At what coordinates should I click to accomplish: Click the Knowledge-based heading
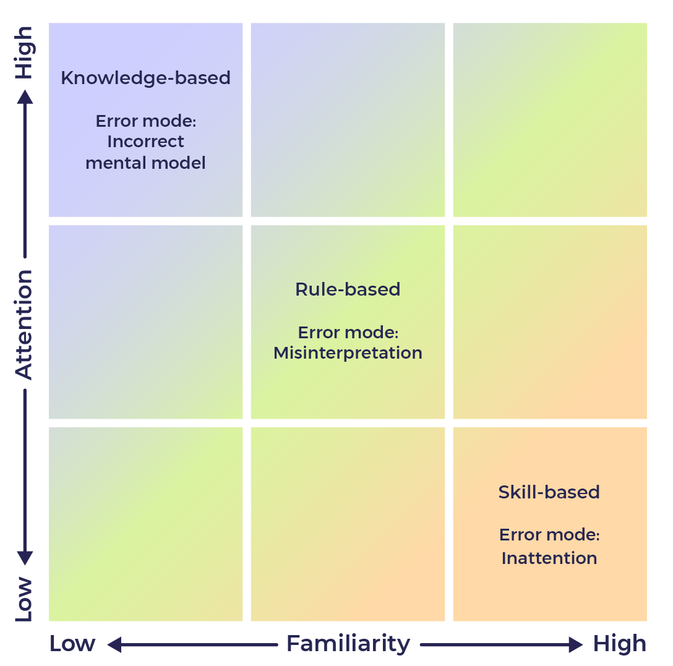(x=145, y=78)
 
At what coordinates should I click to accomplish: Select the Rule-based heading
(x=348, y=289)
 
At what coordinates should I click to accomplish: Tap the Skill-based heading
(x=549, y=492)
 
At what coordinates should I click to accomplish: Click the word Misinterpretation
(x=348, y=353)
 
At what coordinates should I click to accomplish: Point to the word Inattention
(x=549, y=558)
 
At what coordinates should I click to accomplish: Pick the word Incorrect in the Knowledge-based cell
(x=145, y=142)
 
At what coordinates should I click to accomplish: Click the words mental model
(x=145, y=163)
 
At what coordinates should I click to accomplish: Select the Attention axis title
(x=24, y=324)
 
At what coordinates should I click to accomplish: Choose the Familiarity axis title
(x=348, y=644)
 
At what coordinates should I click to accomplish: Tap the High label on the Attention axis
(x=24, y=52)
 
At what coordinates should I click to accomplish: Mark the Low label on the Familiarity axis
(x=72, y=644)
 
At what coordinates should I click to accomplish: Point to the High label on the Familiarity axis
(x=619, y=644)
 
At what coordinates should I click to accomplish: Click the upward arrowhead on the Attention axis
(x=25, y=96)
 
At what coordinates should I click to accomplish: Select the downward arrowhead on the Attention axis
(x=25, y=558)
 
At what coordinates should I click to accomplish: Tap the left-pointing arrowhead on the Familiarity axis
(x=114, y=645)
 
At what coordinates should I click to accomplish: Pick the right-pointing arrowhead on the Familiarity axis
(x=576, y=645)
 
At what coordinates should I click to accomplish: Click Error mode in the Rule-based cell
(x=348, y=333)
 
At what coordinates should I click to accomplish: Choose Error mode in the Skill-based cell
(x=549, y=535)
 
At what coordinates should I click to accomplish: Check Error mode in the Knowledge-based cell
(x=145, y=121)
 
